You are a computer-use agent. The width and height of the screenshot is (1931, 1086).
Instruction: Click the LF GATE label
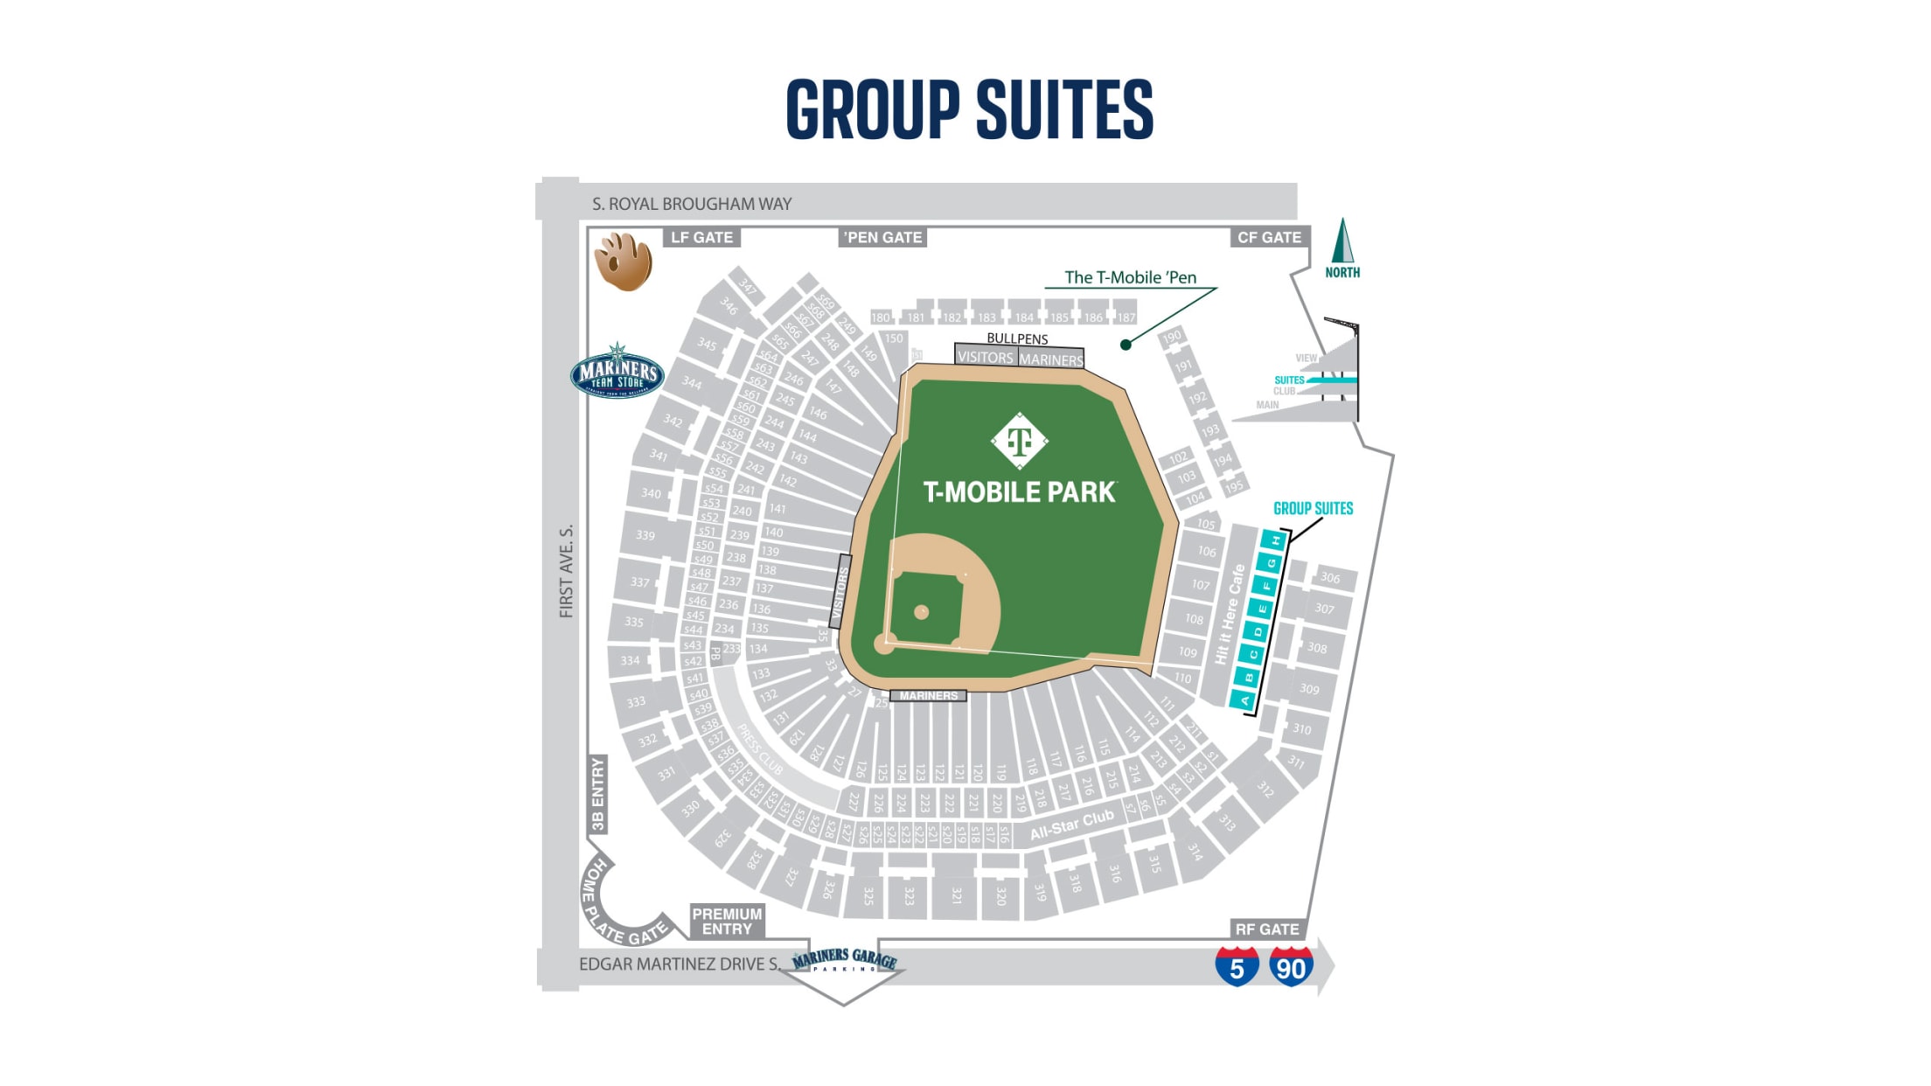(701, 237)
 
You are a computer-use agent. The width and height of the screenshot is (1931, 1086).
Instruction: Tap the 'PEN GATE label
(882, 237)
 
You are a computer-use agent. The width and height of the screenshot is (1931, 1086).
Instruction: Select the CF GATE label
(1269, 237)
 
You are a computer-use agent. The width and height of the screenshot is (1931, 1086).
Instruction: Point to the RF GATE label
(1266, 929)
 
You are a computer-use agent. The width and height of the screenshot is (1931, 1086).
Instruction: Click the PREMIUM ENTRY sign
(727, 921)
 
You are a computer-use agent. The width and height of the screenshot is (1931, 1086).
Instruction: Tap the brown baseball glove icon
(624, 261)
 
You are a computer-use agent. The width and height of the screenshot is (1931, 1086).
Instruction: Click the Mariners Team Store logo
(617, 372)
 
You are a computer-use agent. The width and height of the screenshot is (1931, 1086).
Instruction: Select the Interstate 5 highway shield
(1237, 966)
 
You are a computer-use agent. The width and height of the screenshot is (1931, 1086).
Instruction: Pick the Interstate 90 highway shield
(1291, 966)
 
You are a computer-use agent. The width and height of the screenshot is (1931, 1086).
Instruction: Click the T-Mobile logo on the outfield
(1020, 441)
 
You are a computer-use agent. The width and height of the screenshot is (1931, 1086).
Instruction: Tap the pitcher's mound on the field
(921, 612)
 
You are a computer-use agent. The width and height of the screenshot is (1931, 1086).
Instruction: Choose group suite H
(1276, 540)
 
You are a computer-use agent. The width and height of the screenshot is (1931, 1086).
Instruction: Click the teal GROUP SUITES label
(1313, 508)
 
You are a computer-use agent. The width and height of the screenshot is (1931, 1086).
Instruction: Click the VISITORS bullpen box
(986, 357)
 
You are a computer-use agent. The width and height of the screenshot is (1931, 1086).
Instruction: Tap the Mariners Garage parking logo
(845, 961)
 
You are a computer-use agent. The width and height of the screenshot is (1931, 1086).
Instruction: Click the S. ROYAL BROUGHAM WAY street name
(692, 204)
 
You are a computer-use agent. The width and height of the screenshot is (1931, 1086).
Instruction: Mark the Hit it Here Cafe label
(1229, 614)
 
